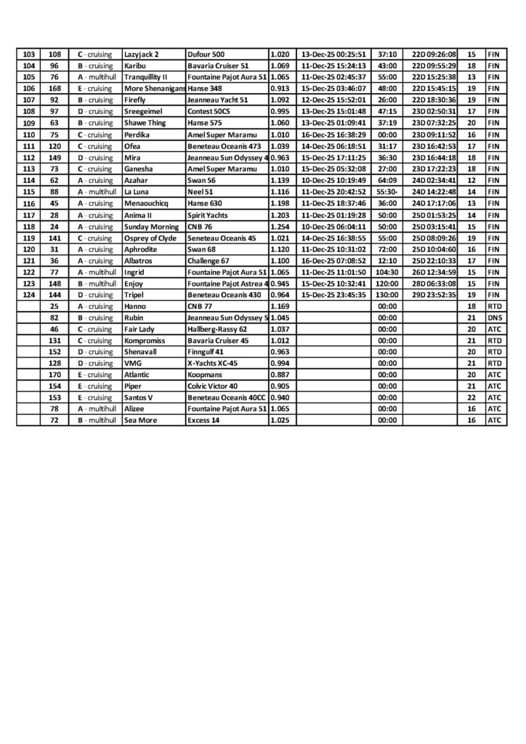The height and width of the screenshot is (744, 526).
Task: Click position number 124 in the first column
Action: (29, 294)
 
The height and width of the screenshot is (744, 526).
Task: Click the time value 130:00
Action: (387, 294)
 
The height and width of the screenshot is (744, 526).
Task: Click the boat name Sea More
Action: (139, 420)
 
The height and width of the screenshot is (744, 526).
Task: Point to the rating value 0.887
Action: (280, 374)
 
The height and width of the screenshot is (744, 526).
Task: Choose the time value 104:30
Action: (387, 272)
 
